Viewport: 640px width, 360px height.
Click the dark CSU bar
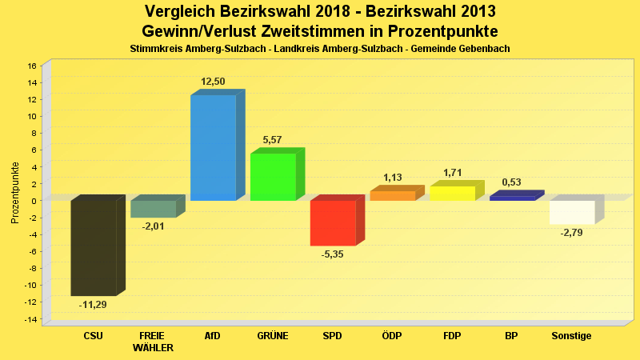point(94,247)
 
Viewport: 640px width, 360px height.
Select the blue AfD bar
point(213,147)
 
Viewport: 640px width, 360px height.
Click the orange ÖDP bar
point(393,195)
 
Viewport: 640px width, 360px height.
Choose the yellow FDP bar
point(452,193)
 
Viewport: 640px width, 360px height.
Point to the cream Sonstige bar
point(572,212)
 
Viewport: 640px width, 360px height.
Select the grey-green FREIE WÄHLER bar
point(154,209)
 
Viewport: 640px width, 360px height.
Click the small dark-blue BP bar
point(512,198)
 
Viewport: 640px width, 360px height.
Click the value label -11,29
point(93,305)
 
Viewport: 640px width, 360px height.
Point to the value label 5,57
point(272,140)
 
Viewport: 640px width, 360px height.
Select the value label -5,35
point(333,254)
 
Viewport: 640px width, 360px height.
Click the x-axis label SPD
point(332,336)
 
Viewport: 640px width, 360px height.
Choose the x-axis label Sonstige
point(571,336)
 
